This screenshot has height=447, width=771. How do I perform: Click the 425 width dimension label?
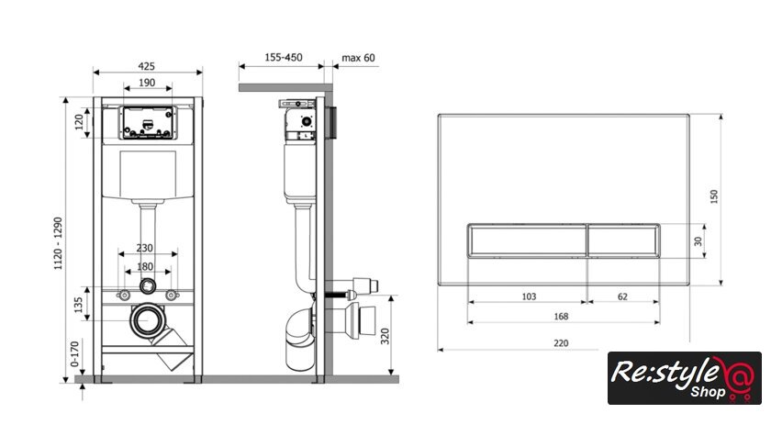pyautogui.click(x=146, y=66)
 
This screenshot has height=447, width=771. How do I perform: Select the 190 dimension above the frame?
pyautogui.click(x=147, y=83)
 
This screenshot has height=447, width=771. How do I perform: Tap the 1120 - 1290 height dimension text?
pyautogui.click(x=58, y=243)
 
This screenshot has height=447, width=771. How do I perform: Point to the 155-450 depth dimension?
pyautogui.click(x=284, y=58)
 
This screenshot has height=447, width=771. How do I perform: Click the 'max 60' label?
pyautogui.click(x=358, y=58)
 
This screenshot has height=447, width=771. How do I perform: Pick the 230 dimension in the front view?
pyautogui.click(x=145, y=248)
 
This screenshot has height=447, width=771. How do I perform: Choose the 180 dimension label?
pyautogui.click(x=145, y=266)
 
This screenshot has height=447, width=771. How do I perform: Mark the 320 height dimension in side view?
pyautogui.click(x=385, y=336)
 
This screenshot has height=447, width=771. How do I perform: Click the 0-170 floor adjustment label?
pyautogui.click(x=74, y=354)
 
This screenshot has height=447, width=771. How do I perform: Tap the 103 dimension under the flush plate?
pyautogui.click(x=529, y=296)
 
